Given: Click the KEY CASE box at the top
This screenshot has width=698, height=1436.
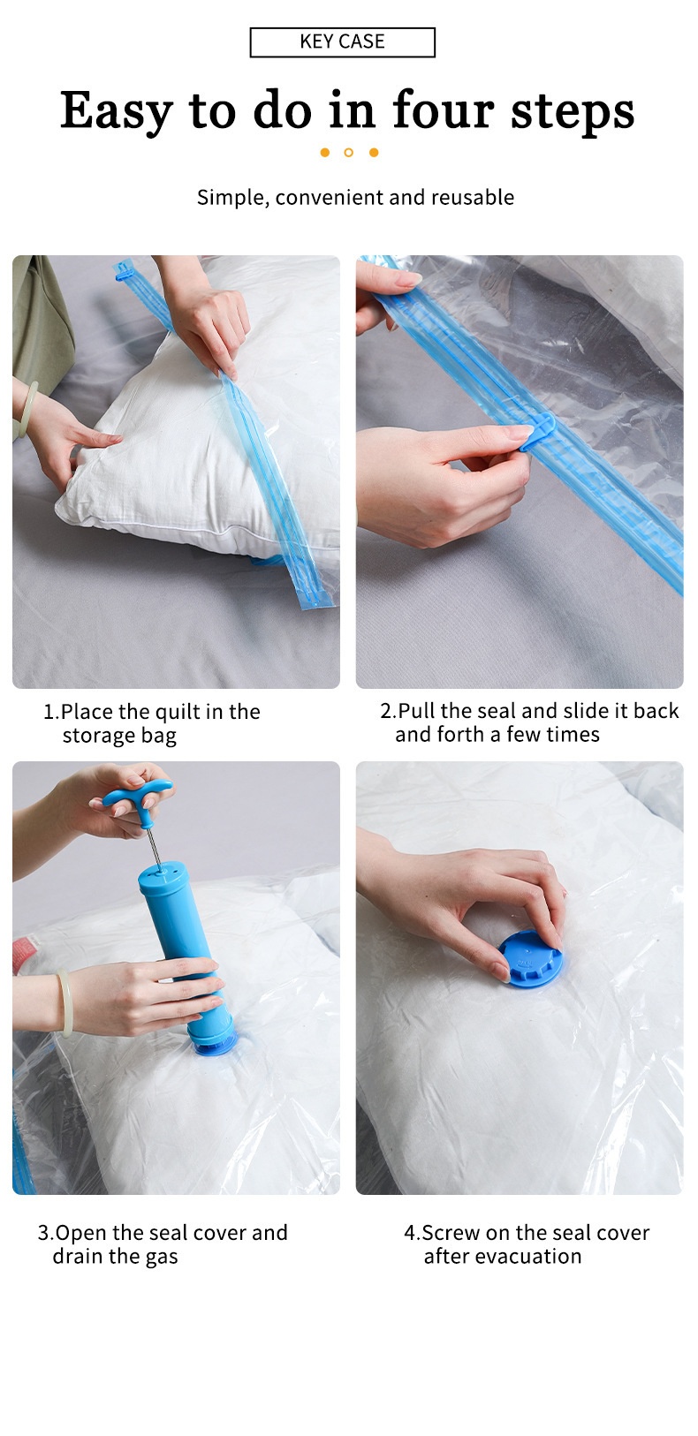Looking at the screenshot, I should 342,42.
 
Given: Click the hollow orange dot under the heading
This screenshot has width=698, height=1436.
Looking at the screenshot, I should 348,153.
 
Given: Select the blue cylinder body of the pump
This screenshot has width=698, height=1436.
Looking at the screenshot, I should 177,936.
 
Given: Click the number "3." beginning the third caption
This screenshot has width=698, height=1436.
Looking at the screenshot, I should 45,1233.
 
